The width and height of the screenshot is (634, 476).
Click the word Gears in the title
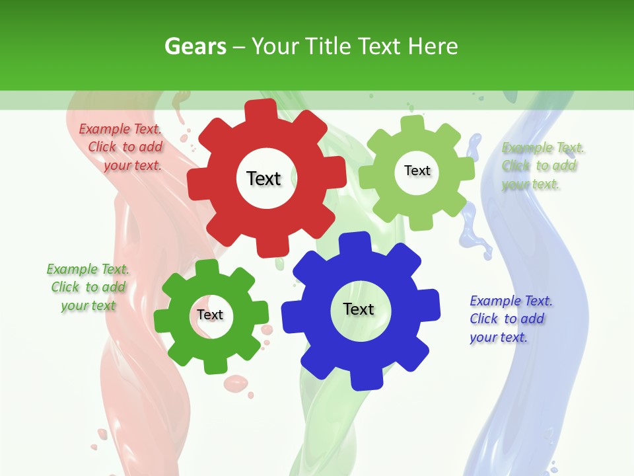pyautogui.click(x=195, y=46)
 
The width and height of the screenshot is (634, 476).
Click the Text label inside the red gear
pyautogui.click(x=264, y=178)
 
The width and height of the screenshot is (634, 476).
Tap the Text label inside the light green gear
pyautogui.click(x=417, y=171)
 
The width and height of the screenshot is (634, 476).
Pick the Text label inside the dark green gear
pyautogui.click(x=210, y=315)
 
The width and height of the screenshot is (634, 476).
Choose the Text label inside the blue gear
pyautogui.click(x=359, y=309)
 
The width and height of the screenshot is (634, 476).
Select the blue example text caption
pyautogui.click(x=510, y=319)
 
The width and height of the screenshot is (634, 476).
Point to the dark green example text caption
pyautogui.click(x=87, y=287)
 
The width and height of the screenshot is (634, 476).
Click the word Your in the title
pyautogui.click(x=273, y=46)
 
